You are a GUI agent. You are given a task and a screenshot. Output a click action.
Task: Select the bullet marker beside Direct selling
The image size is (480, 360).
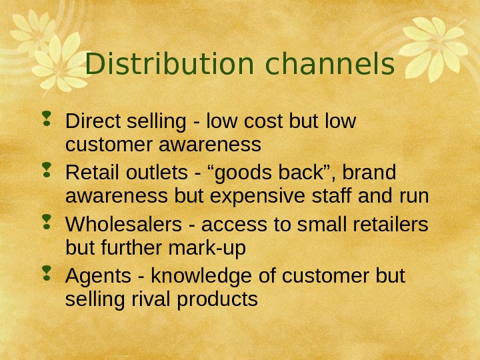coord(49,121)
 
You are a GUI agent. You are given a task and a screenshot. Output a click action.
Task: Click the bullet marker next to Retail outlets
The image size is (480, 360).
coord(49,173)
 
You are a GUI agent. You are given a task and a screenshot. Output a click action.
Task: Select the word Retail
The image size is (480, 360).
coord(89,174)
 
